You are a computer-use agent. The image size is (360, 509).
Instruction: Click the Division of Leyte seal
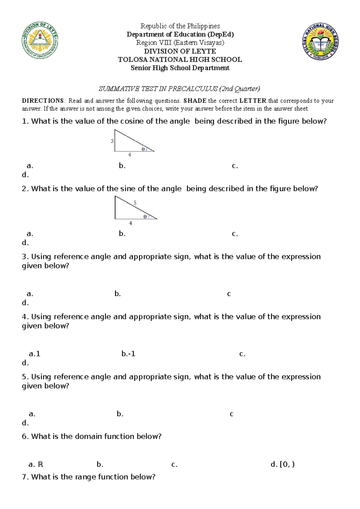(x=40, y=40)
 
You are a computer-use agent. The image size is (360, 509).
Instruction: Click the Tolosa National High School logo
(x=320, y=41)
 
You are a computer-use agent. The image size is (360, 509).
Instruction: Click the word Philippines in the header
(x=204, y=26)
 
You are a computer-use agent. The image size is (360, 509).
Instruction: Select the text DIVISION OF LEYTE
(x=180, y=51)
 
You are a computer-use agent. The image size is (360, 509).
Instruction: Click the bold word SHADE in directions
(x=195, y=101)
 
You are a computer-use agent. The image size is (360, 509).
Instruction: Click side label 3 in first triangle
(x=112, y=141)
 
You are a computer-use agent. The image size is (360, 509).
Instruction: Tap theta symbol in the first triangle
(x=143, y=149)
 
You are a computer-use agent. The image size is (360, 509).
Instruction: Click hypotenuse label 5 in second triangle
(x=135, y=203)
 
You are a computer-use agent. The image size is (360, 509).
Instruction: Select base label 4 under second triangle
(x=130, y=223)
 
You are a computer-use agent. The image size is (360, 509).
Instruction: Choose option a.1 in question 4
(x=34, y=354)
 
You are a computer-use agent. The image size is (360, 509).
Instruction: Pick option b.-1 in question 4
(x=128, y=354)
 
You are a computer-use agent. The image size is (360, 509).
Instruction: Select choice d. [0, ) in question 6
(x=282, y=465)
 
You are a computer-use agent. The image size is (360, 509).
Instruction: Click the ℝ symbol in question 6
(x=40, y=465)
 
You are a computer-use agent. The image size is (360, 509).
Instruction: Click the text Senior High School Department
(x=180, y=68)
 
